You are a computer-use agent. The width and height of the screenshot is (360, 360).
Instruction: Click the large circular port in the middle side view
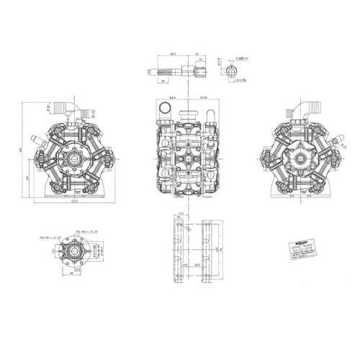165,109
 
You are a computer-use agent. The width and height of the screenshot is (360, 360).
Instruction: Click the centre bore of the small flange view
71,251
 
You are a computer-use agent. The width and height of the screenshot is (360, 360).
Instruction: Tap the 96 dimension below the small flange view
71,274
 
